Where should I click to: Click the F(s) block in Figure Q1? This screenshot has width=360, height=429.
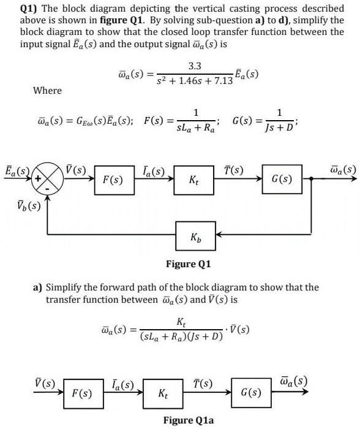pos(112,181)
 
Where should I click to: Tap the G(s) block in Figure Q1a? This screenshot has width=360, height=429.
pos(252,390)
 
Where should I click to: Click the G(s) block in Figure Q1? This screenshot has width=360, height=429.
pos(282,179)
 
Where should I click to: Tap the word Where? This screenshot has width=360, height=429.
pos(47,90)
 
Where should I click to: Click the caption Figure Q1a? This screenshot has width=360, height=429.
pos(189,420)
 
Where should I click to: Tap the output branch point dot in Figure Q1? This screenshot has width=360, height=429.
pos(312,179)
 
